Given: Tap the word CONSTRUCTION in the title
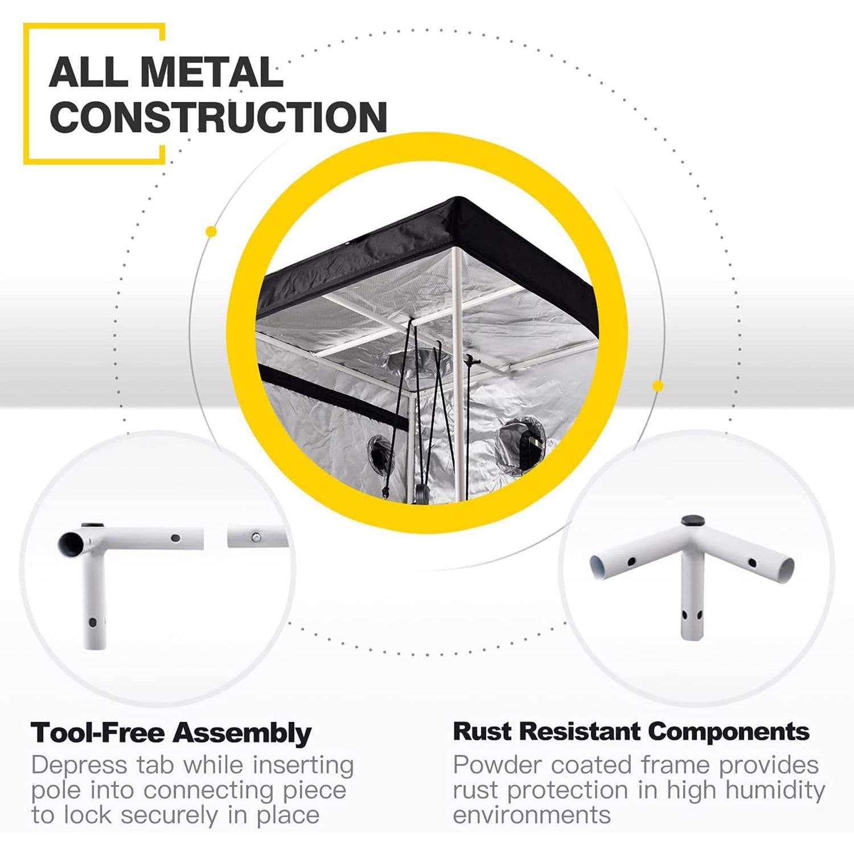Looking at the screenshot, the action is click(219, 116).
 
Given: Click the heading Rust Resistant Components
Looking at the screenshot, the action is click(631, 732).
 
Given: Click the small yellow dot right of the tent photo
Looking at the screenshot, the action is click(658, 386).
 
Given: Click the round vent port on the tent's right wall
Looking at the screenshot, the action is click(522, 440).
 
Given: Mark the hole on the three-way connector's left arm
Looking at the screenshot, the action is click(630, 562).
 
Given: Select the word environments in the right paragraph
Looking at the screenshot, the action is click(532, 815).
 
